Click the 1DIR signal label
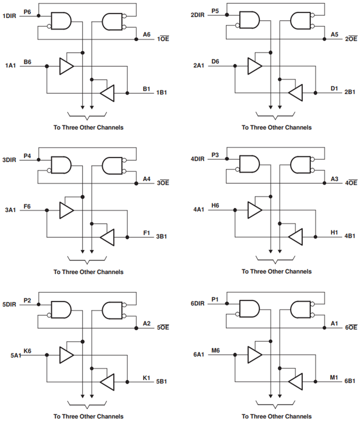pyautogui.click(x=9, y=16)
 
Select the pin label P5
pyautogui.click(x=215, y=11)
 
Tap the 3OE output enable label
pyautogui.click(x=163, y=183)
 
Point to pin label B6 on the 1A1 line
pyautogui.click(x=27, y=62)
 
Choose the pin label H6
pyautogui.click(x=215, y=206)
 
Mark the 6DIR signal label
pyautogui.click(x=197, y=303)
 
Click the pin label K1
pyautogui.click(x=146, y=378)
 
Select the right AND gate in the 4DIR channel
pyautogui.click(x=301, y=165)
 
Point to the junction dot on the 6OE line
pyautogui.click(x=324, y=328)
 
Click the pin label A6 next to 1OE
pyautogui.click(x=146, y=34)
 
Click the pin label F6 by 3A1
pyautogui.click(x=27, y=206)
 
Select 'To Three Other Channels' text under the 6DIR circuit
pyautogui.click(x=276, y=416)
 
